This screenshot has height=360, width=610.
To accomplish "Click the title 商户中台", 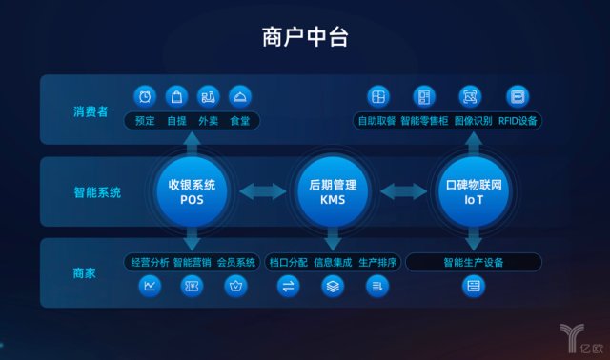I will point(305,37).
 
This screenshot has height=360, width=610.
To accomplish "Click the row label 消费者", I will point(91,111).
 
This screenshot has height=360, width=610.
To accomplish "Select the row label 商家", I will point(85,273).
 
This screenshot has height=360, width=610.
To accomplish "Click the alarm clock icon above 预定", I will point(146,96).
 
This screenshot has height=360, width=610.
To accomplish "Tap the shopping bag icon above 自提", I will point(176,96).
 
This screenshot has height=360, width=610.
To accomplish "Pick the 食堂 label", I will point(239,122).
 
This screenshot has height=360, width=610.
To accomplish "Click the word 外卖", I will point(208,122).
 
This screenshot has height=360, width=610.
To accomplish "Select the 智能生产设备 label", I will point(473,262).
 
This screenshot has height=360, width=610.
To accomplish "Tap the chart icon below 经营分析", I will point(150,285).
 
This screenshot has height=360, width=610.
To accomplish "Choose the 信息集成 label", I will point(334,262).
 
